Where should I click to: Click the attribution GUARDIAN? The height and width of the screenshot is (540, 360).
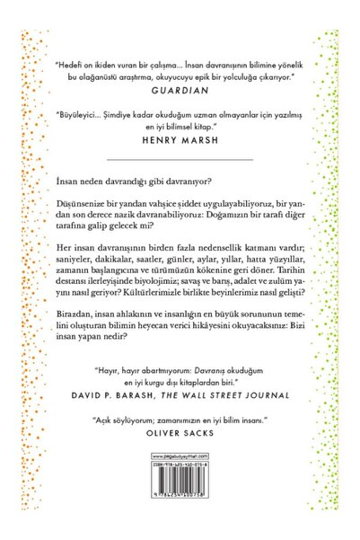(180, 92)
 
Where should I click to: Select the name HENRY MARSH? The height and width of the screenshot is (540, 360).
(180, 141)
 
